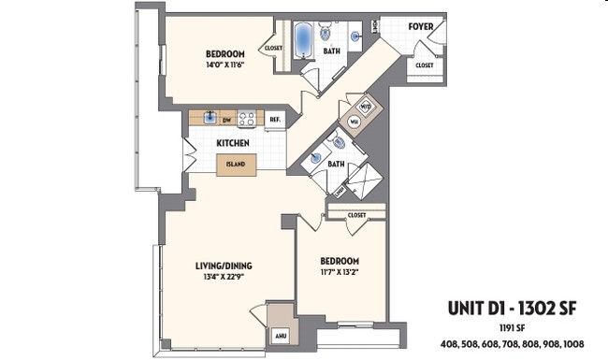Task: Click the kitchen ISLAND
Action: coord(235,165)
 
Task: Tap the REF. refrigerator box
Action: coord(275,120)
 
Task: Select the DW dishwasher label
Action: coord(226,120)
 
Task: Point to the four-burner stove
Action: coord(248,119)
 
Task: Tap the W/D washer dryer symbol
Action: coord(367,106)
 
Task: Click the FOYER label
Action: coord(421,27)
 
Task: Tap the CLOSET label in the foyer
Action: coord(424,65)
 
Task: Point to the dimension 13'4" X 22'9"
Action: coord(224,277)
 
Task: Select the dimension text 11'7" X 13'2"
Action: coord(339,272)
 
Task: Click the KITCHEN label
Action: coord(232,142)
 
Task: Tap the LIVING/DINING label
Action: coord(224,265)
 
